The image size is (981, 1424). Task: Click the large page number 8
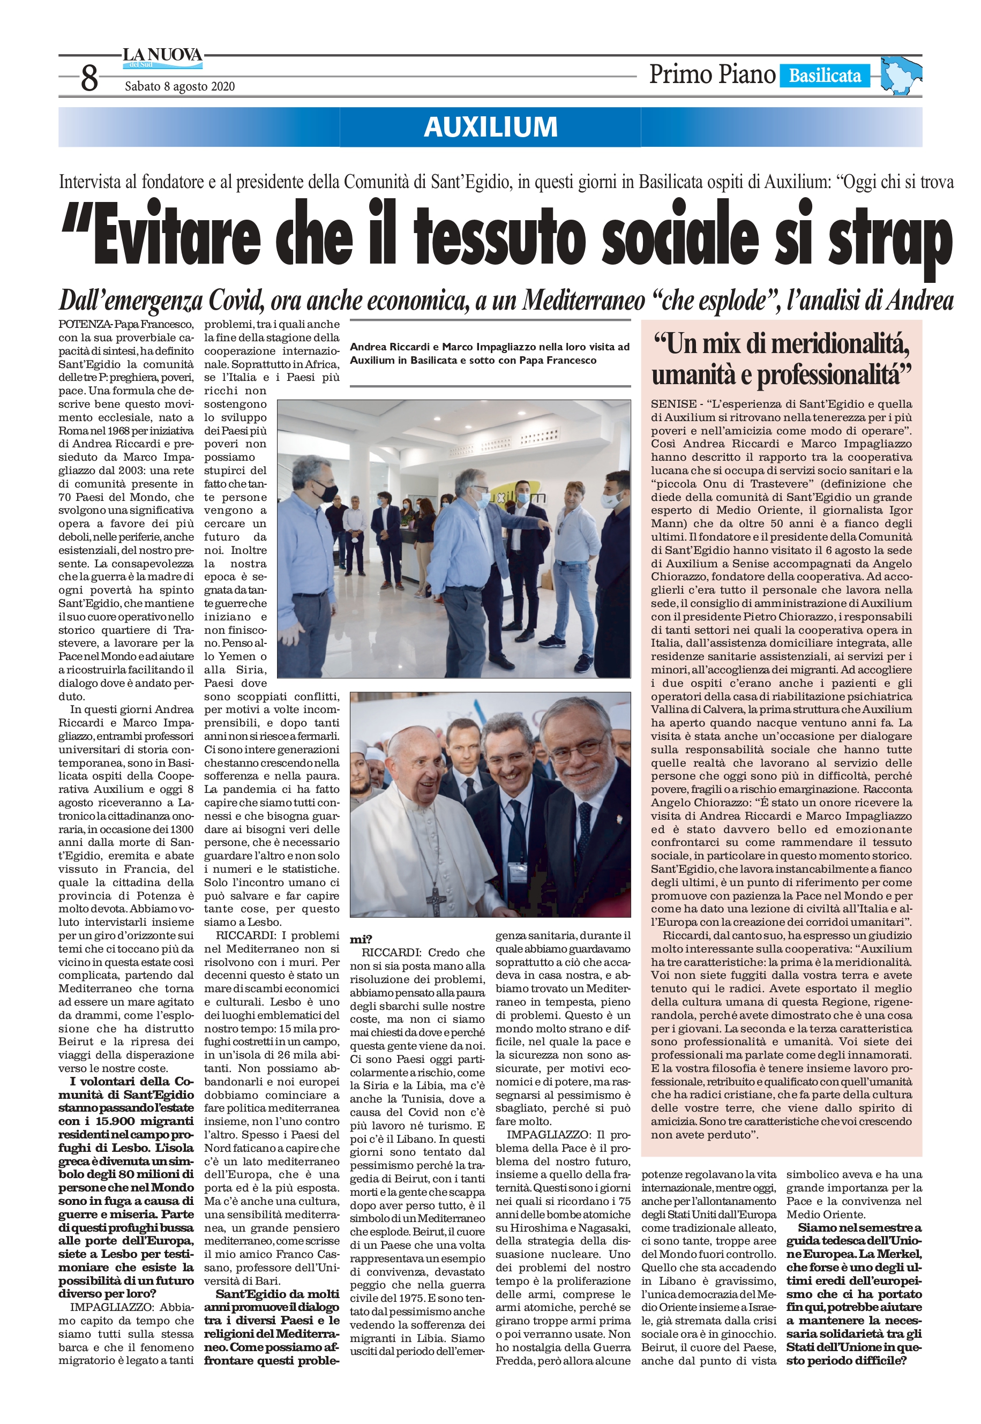(89, 79)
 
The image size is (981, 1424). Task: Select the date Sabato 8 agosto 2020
(179, 87)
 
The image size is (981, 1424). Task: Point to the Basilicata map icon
(900, 75)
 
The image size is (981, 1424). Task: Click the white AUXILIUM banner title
(491, 126)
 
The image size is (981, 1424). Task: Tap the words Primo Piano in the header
(712, 75)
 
